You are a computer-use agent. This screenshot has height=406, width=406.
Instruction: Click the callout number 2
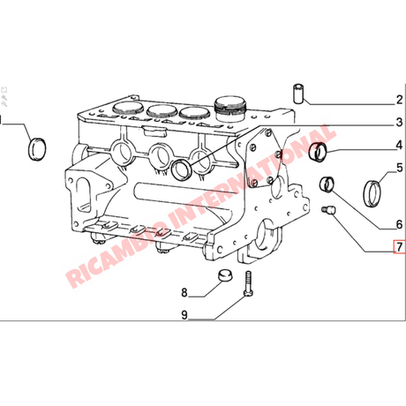tap(399, 100)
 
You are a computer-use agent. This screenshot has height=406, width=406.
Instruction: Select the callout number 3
tap(399, 122)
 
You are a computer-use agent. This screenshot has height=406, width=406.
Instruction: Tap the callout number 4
tap(399, 145)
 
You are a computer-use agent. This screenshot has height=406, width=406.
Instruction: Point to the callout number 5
tap(400, 168)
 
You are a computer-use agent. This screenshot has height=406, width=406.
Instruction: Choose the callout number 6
tap(399, 224)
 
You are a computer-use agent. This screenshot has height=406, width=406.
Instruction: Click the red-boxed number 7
tap(400, 246)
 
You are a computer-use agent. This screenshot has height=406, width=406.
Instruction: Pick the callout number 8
tap(184, 292)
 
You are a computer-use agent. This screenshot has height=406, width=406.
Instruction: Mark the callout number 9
tap(184, 315)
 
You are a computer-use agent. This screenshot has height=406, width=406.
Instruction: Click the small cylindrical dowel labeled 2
tap(298, 94)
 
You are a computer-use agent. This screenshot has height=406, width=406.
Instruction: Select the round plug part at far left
tap(37, 149)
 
